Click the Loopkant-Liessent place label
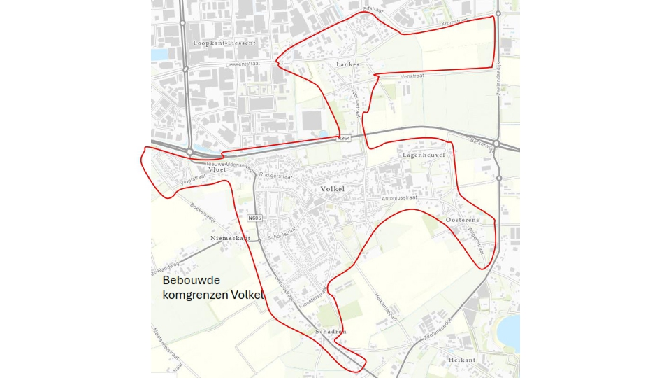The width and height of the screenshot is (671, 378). (x=224, y=43)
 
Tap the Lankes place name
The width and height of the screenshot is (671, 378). (x=347, y=64)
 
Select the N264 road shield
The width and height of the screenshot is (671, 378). (x=344, y=139)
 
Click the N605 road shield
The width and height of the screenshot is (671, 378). (x=254, y=218)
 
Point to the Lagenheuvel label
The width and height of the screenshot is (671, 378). (x=424, y=154)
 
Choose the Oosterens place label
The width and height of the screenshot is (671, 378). (x=463, y=220)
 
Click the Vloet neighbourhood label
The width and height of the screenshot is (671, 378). (x=218, y=169)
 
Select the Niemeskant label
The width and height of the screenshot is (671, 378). (x=230, y=239)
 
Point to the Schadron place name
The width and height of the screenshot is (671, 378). (x=331, y=331)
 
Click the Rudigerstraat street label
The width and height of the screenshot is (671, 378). (x=275, y=175)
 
